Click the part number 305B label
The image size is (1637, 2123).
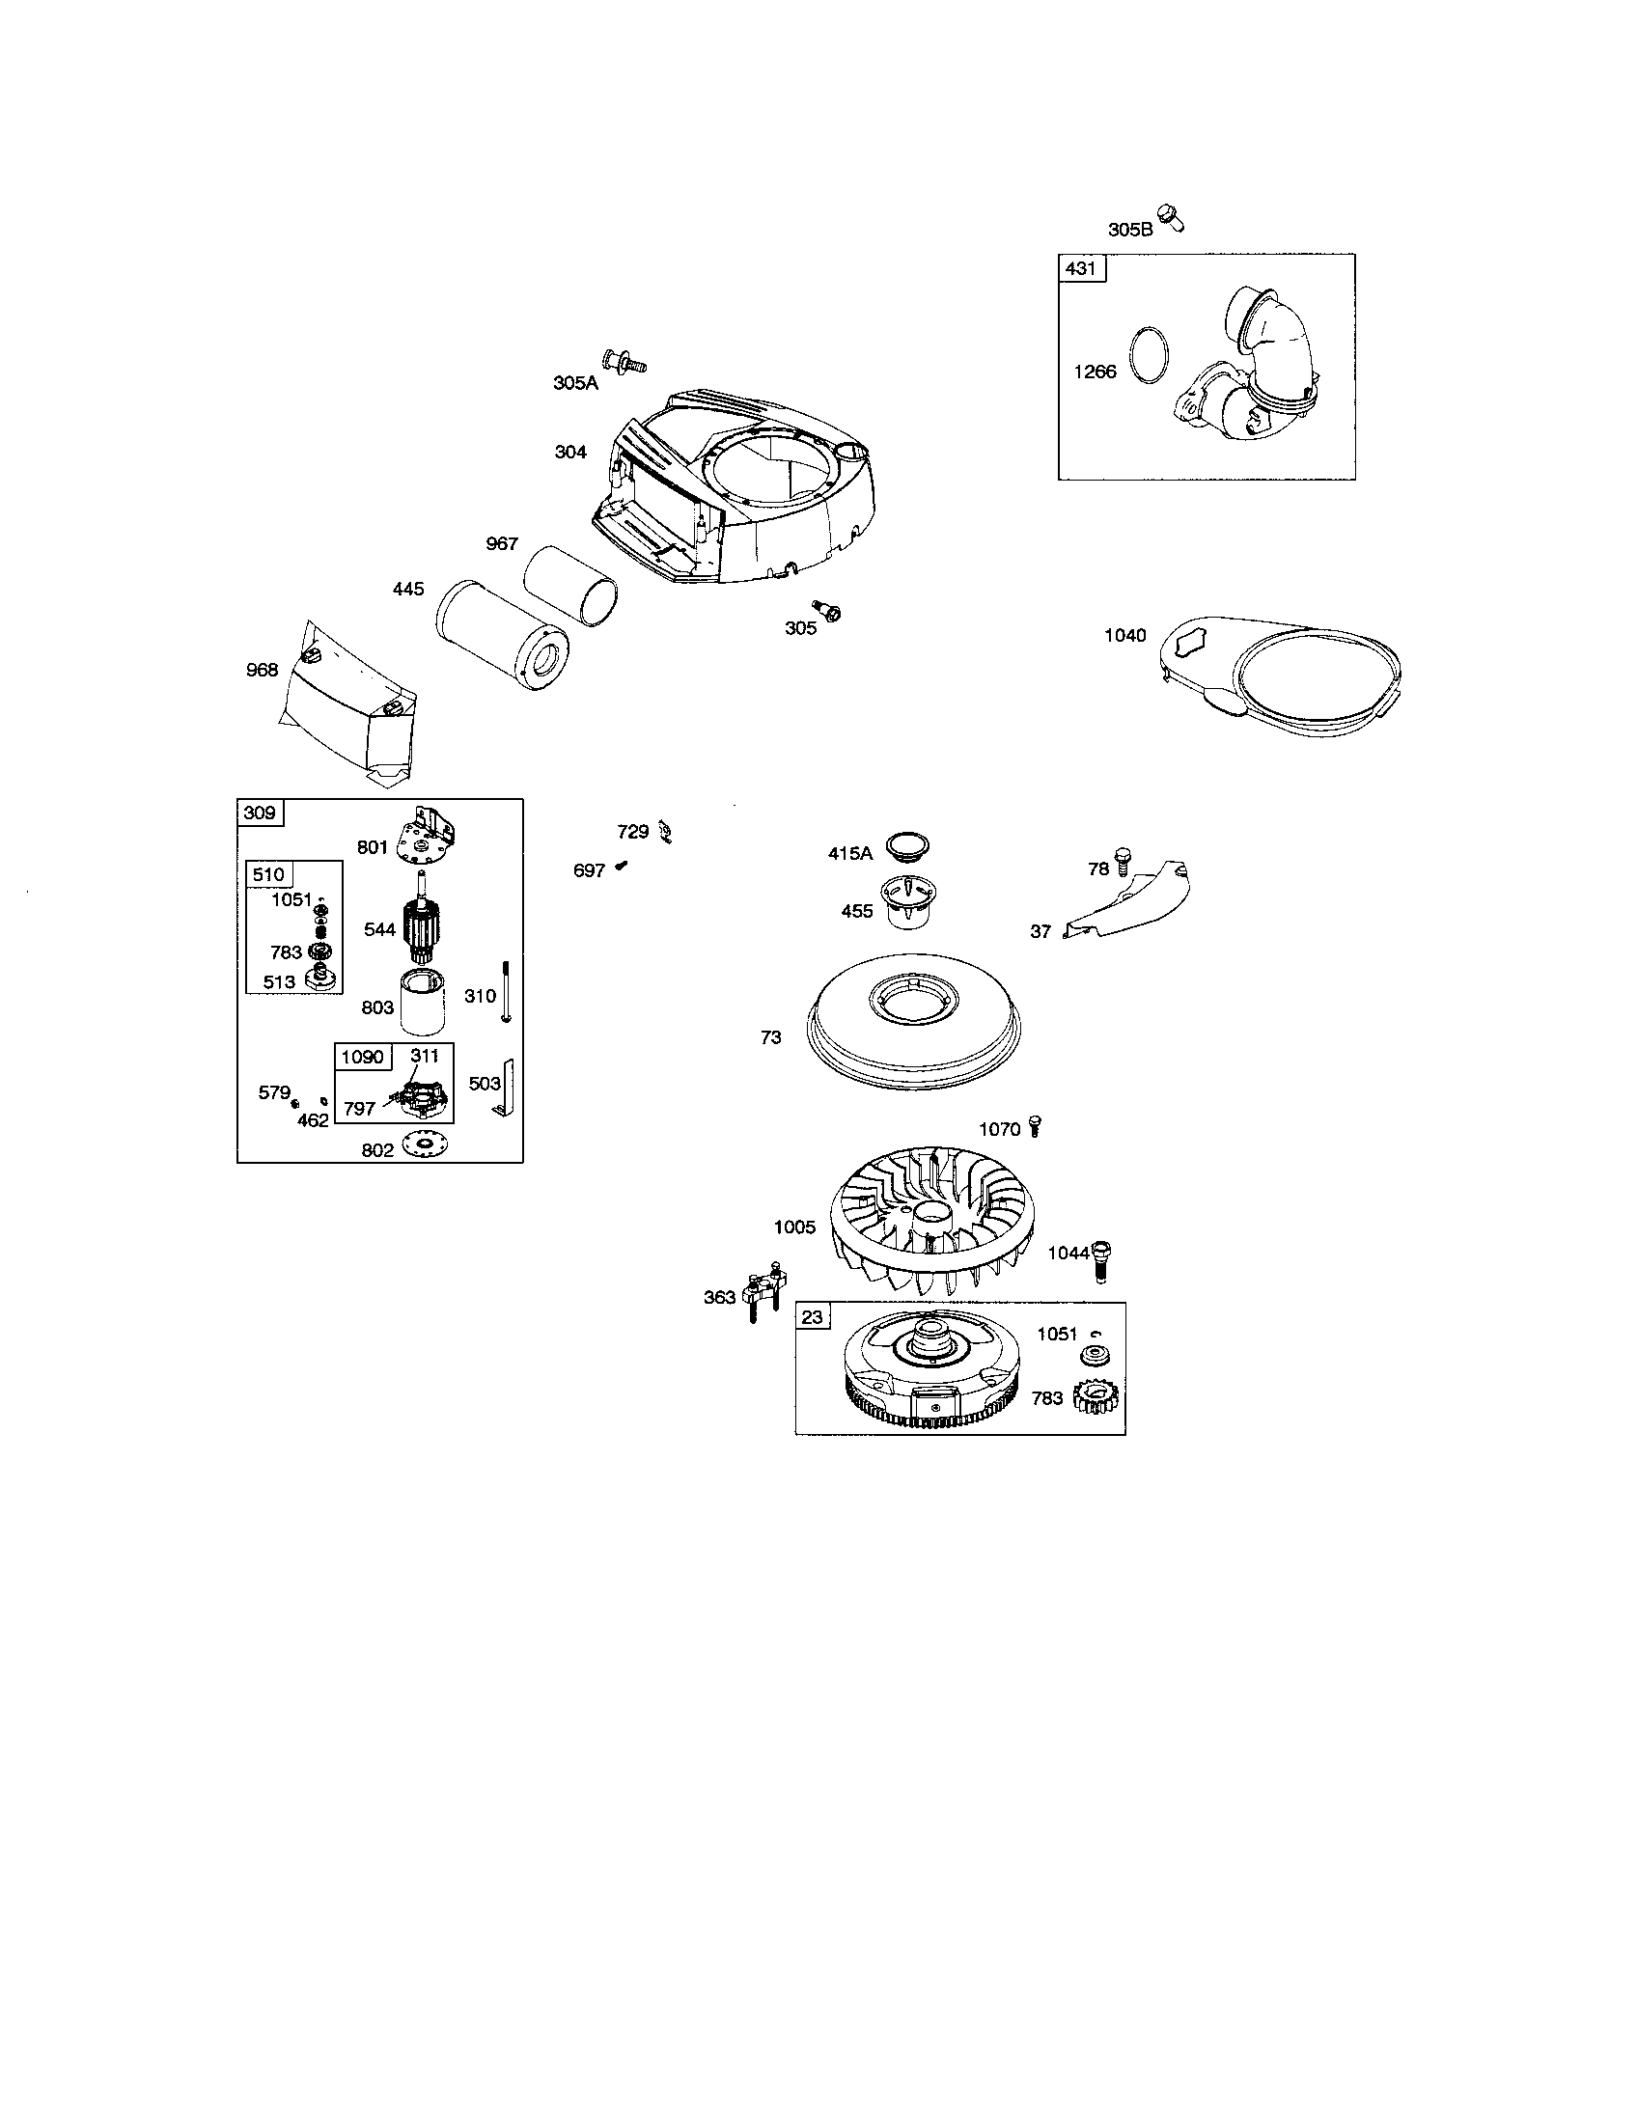[x=1129, y=230]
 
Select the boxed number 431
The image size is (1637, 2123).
[x=1080, y=267]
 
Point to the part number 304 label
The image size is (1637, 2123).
[x=570, y=451]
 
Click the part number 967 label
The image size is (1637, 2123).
[x=502, y=543]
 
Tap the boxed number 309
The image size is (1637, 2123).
[x=260, y=813]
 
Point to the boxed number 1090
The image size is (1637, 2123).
[x=362, y=1057]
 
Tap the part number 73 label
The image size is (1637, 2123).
[x=771, y=1037]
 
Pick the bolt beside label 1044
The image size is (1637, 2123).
[x=1101, y=1262]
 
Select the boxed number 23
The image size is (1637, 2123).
[x=812, y=1317]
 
